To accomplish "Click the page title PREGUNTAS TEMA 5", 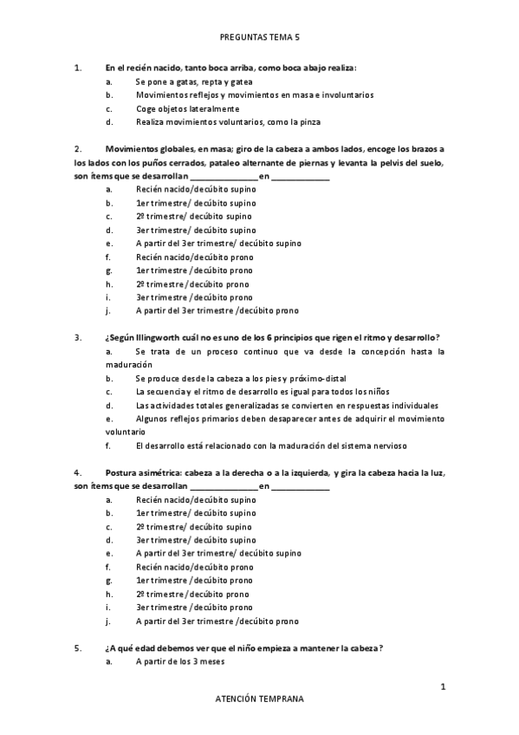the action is pyautogui.click(x=259, y=38).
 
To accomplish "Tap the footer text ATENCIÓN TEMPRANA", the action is pyautogui.click(x=259, y=698).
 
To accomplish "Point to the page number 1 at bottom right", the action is pyautogui.click(x=443, y=687).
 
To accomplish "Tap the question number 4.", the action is pyautogui.click(x=78, y=472).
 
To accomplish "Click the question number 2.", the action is pyautogui.click(x=78, y=148).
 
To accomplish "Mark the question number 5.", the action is pyautogui.click(x=78, y=648).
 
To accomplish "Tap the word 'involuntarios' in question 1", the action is pyautogui.click(x=348, y=95).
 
